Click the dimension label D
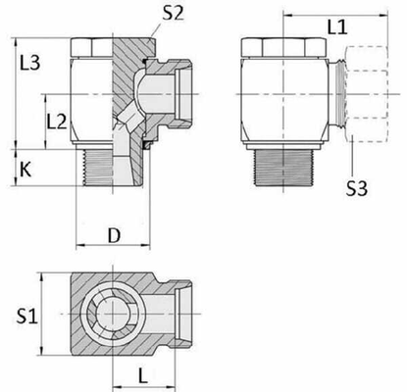click(x=115, y=236)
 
